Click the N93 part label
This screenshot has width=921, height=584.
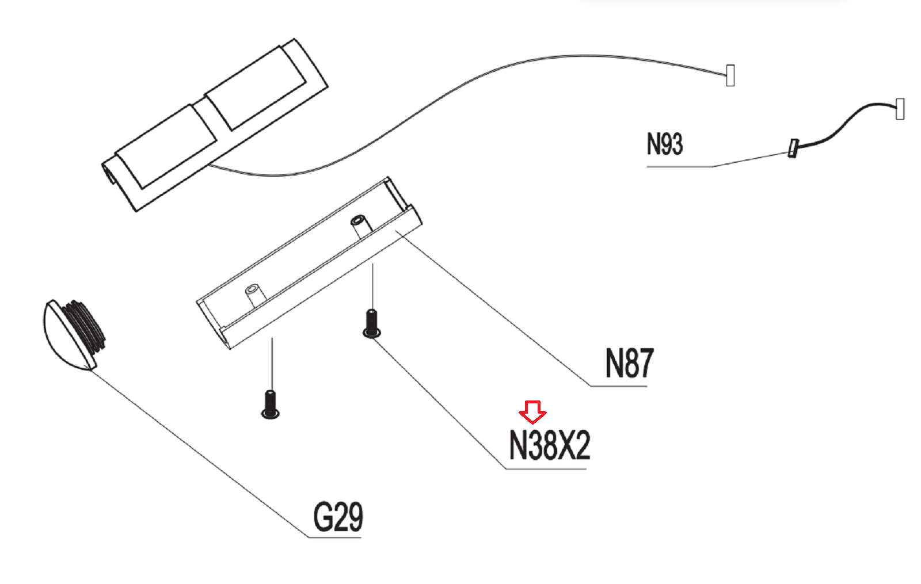click(664, 144)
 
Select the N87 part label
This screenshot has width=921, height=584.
click(629, 363)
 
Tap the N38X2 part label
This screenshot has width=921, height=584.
click(550, 445)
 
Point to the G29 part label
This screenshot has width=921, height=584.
click(338, 517)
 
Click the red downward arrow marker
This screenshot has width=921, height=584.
click(532, 411)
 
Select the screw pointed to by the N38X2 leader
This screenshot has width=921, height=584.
click(372, 323)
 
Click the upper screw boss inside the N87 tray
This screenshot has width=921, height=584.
click(360, 226)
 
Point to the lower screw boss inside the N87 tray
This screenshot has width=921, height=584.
click(254, 295)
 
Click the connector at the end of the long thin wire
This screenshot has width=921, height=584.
click(730, 75)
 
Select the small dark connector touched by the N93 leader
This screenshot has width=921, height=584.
click(793, 148)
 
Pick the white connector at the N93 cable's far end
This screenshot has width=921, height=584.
click(900, 109)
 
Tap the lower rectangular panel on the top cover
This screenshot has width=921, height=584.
click(167, 146)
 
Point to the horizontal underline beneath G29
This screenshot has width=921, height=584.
click(334, 537)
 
